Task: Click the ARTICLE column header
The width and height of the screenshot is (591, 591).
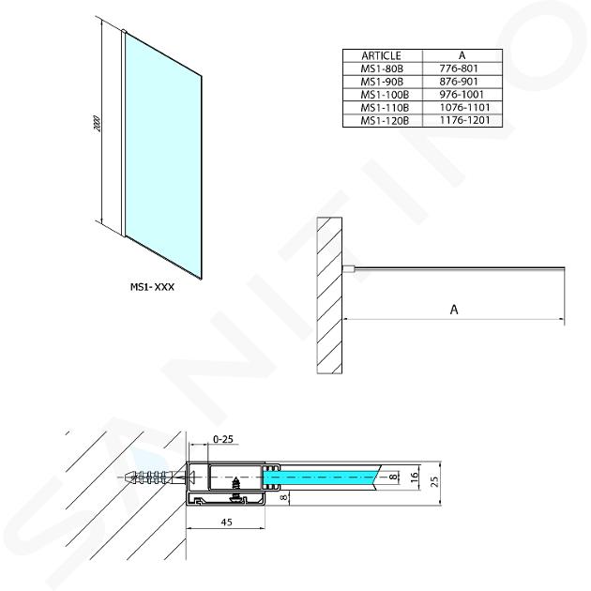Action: click(x=381, y=55)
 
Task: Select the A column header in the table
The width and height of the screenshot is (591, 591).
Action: click(x=462, y=55)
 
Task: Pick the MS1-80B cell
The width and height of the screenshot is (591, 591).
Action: click(x=382, y=68)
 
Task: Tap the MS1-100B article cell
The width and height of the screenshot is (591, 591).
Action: click(x=385, y=95)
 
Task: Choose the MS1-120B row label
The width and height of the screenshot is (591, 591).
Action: click(x=385, y=121)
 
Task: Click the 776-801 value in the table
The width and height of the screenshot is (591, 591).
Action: click(x=459, y=68)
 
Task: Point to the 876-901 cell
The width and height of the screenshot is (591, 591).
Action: click(x=459, y=82)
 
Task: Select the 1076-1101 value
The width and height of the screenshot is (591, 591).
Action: click(x=465, y=108)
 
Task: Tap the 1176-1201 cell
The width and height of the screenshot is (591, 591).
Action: click(x=465, y=121)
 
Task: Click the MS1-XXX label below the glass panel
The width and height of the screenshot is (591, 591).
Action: click(x=152, y=287)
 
